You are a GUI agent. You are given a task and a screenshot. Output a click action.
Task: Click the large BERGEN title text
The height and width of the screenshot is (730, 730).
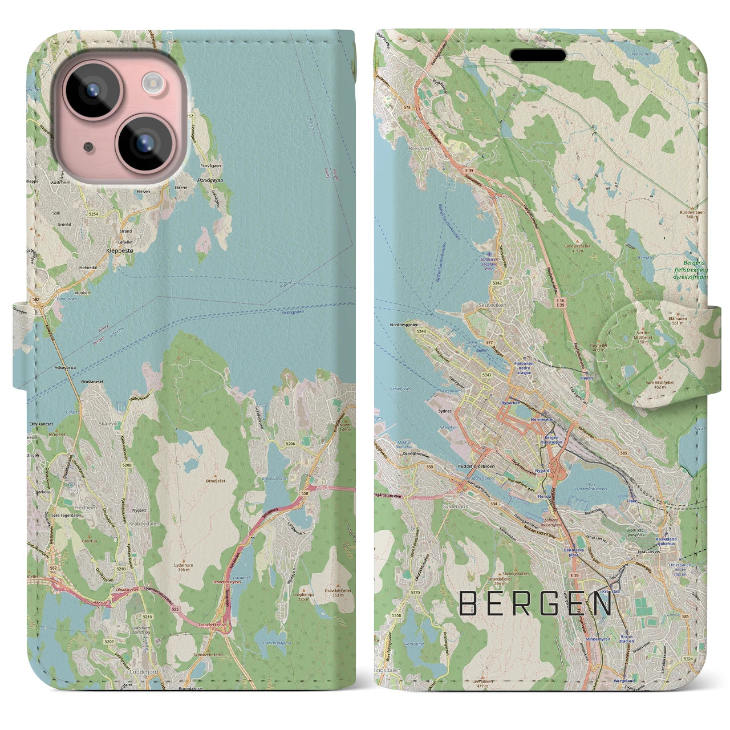pos(536,603)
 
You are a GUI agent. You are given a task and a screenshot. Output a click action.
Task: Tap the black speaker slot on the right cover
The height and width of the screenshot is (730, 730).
pos(537,55)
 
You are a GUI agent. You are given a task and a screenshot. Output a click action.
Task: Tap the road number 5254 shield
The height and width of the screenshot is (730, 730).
pos(93,214)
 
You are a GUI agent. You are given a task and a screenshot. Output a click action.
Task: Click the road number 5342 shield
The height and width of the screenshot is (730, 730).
pos(481,282)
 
